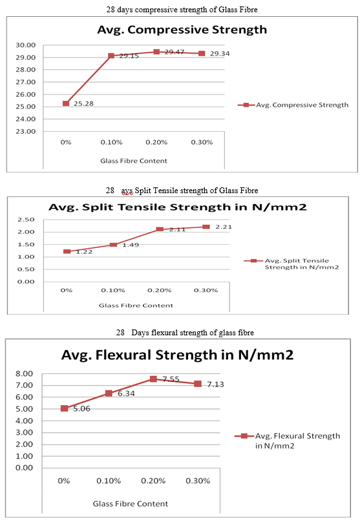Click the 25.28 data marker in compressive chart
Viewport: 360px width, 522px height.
[x=66, y=103]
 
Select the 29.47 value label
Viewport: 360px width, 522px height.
[x=174, y=52]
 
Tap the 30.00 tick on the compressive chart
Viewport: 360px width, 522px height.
[x=25, y=45]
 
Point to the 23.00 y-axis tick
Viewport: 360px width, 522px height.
[x=25, y=131]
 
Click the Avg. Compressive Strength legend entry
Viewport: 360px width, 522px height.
[x=293, y=105]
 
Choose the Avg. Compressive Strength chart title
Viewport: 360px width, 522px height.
[x=182, y=30]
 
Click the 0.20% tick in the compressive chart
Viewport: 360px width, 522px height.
[x=156, y=142]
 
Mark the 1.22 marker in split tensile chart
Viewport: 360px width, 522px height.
[x=67, y=251]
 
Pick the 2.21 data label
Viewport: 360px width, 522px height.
[x=224, y=227]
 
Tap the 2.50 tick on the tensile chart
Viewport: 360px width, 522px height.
[x=26, y=220]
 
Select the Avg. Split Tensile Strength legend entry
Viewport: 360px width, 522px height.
[x=291, y=264]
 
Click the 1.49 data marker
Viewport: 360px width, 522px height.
[x=113, y=245]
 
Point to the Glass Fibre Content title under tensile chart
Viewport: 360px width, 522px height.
[x=136, y=306]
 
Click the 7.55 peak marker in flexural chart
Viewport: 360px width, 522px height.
[x=153, y=379]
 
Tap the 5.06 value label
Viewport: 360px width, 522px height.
[x=81, y=408]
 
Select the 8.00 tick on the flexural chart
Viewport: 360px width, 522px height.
[x=25, y=373]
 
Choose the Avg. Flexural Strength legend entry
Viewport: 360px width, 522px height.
[x=288, y=441]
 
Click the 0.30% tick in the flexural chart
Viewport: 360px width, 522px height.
[x=198, y=481]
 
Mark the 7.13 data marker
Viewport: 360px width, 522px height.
[x=198, y=384]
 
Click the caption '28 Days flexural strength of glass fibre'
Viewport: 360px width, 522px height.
[x=185, y=333]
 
